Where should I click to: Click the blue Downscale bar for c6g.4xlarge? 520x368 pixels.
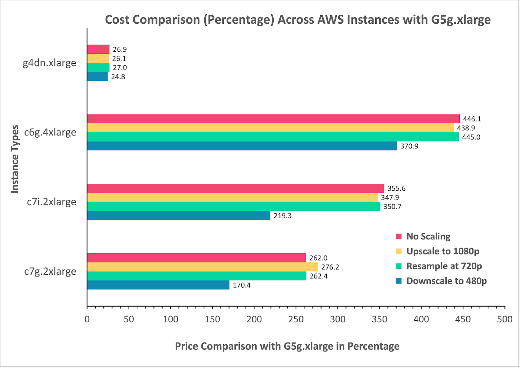pos(242,146)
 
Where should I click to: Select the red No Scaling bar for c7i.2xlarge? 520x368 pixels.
pos(235,188)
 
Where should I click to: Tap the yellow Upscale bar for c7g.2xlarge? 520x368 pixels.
pos(202,267)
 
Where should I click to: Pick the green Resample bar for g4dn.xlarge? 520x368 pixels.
pos(98,67)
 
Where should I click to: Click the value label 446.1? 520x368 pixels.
pos(472,119)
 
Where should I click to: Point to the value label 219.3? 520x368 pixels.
pos(282,216)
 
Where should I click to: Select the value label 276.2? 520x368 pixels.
pos(330,267)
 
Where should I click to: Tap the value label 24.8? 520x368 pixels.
pos(118,77)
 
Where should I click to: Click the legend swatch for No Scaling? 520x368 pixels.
pos(399,236)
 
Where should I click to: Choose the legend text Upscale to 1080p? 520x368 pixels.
pos(443,251)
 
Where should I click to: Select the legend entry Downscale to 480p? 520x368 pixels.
pos(446,281)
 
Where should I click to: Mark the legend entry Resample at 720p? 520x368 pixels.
pos(444,266)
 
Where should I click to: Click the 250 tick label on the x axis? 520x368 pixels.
pos(296,319)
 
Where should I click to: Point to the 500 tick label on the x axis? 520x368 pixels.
pos(504,319)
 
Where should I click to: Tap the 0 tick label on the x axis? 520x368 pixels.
pos(87,319)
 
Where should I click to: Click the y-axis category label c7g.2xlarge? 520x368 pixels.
pos(50,271)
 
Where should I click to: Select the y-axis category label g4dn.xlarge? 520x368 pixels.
pos(49,63)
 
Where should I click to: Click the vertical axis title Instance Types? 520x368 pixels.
pos(15,159)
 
